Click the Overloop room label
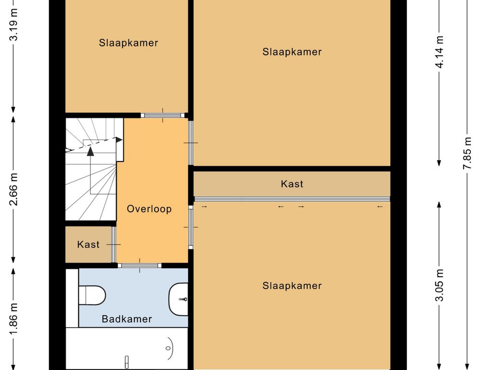[x=149, y=209]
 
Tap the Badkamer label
[x=127, y=319]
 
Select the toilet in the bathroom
[x=92, y=295]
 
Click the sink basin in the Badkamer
[x=179, y=299]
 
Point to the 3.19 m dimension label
[x=13, y=25]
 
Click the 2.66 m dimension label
[x=13, y=189]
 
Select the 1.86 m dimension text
[x=13, y=319]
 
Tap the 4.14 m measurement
[x=439, y=52]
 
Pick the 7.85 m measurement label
[x=467, y=153]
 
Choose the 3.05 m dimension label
[x=439, y=285]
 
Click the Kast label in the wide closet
[x=292, y=184]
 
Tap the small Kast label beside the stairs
[x=89, y=244]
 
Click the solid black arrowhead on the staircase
[x=91, y=151]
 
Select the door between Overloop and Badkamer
[x=140, y=265]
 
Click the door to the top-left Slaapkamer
[x=163, y=115]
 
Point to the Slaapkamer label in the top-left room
[x=128, y=43]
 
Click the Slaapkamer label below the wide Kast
[x=292, y=286]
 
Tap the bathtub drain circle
[x=168, y=348]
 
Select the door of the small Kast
[x=114, y=244]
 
